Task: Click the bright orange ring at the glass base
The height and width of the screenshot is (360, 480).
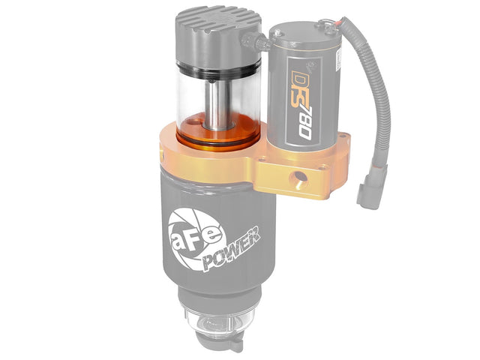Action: coord(214,133)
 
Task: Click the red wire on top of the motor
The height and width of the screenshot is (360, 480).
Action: coord(346,23)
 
